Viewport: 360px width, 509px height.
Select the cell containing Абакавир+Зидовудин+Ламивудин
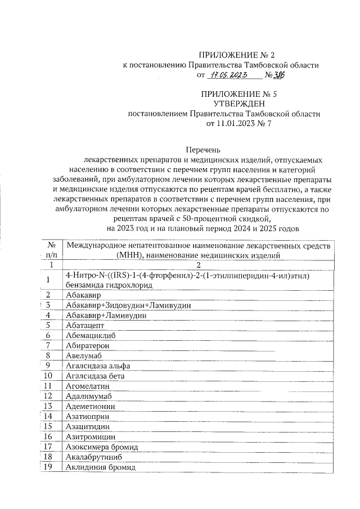tap(128, 305)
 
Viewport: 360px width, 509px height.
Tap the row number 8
tap(49, 355)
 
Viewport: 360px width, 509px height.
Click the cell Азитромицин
tap(91, 436)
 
